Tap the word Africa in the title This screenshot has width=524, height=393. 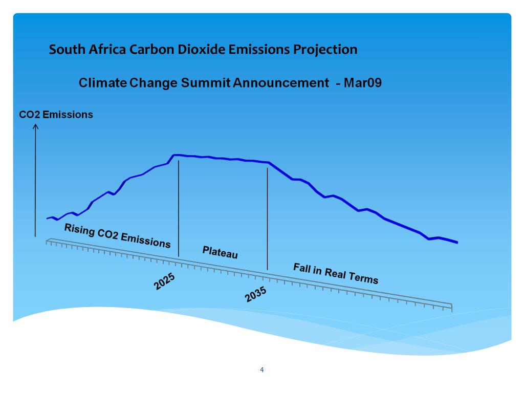[x=107, y=50]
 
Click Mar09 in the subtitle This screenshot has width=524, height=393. [x=363, y=83]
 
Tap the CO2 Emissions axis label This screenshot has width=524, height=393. [x=56, y=115]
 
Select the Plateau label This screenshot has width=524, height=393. [x=220, y=252]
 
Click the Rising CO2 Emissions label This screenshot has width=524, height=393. [x=117, y=236]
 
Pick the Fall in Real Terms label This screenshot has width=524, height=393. [x=336, y=273]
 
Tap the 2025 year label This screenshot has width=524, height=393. [x=165, y=281]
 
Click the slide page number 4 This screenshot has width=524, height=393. [x=262, y=370]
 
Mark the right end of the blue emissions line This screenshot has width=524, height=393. [x=456, y=242]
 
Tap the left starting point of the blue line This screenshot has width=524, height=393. [x=47, y=219]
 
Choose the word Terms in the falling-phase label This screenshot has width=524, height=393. [x=364, y=278]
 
